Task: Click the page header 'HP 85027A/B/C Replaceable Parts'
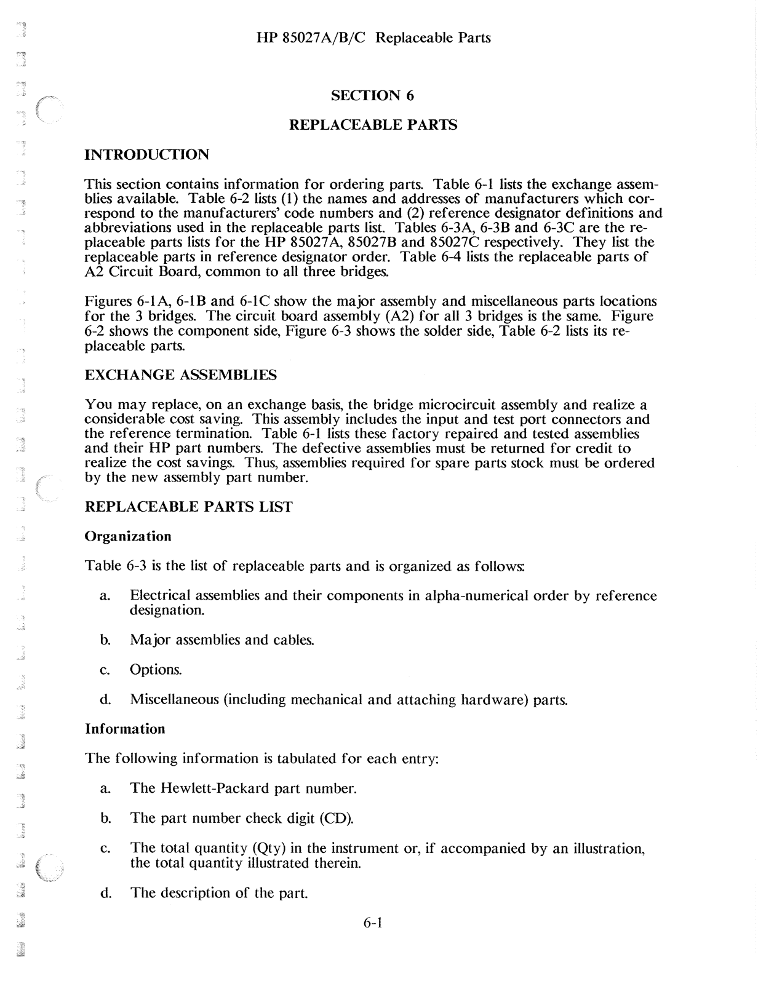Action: tap(373, 38)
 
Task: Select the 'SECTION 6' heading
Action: tap(373, 95)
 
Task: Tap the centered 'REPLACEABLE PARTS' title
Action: tap(373, 125)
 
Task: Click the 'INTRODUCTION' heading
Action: tap(146, 154)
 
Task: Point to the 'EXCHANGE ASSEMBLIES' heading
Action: tap(180, 375)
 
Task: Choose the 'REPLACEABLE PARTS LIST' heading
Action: tap(188, 507)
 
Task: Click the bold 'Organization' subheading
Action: tap(128, 536)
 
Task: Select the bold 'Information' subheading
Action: tap(125, 729)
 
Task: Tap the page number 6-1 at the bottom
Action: tap(373, 922)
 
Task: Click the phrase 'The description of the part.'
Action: tap(218, 893)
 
